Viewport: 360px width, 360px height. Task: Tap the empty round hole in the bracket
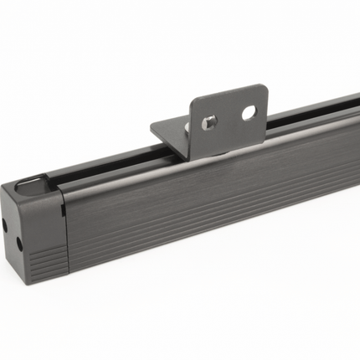[249, 112]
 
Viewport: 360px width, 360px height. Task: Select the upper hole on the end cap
[5, 224]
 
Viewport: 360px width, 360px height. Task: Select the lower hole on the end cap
[18, 244]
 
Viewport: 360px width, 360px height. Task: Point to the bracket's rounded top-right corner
[264, 90]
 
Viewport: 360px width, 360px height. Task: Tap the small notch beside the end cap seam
[64, 209]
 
